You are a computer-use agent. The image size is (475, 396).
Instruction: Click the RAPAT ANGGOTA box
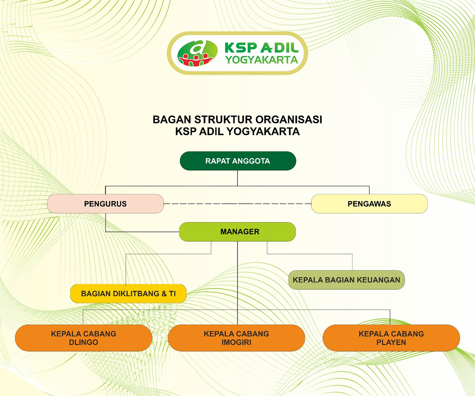pyautogui.click(x=238, y=161)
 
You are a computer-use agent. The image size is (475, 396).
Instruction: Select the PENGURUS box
pyautogui.click(x=105, y=204)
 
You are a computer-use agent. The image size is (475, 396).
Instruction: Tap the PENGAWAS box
pyautogui.click(x=369, y=204)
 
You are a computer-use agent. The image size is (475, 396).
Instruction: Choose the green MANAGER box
pyautogui.click(x=237, y=232)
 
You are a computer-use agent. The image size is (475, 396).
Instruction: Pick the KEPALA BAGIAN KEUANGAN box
pyautogui.click(x=346, y=280)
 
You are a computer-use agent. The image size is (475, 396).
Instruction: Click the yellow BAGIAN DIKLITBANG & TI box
pyautogui.click(x=128, y=293)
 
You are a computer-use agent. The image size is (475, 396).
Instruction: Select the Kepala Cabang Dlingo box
pyautogui.click(x=84, y=338)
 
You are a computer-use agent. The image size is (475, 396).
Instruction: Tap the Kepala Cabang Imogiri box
pyautogui.click(x=236, y=338)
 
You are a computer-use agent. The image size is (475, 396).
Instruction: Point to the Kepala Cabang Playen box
pyautogui.click(x=391, y=338)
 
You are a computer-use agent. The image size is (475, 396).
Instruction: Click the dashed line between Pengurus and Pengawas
pyautogui.click(x=237, y=204)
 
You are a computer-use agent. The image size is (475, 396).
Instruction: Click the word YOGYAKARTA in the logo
pyautogui.click(x=262, y=60)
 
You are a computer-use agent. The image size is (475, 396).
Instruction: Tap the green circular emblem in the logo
pyautogui.click(x=197, y=53)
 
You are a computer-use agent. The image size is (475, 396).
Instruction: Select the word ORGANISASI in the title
pyautogui.click(x=289, y=120)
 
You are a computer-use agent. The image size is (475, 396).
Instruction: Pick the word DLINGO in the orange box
pyautogui.click(x=84, y=342)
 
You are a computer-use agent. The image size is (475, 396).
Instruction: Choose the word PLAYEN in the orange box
pyautogui.click(x=391, y=342)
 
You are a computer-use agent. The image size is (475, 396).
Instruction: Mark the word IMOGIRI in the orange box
pyautogui.click(x=236, y=342)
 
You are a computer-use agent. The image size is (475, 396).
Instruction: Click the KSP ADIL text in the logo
pyautogui.click(x=262, y=48)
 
